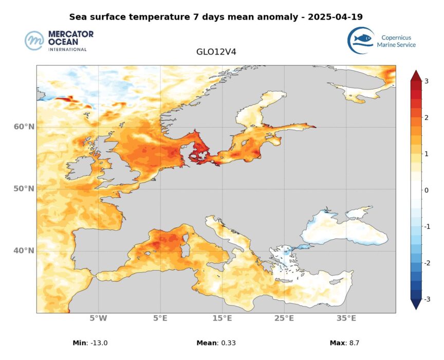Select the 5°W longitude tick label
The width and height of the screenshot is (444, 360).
coord(98,318)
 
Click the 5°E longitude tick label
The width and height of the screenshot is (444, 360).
coord(160,318)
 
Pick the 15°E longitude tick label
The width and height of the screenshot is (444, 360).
coord(223,318)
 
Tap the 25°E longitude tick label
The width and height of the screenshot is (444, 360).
coord(284,318)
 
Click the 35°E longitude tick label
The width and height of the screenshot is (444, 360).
coord(346,318)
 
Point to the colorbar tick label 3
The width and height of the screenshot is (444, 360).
coord(427,81)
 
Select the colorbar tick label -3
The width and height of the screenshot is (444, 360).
coord(425,299)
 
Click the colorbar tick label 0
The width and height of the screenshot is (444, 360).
coord(427,190)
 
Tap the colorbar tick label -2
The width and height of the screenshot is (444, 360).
coord(425,263)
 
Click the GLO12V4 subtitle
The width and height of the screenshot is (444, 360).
coord(216,52)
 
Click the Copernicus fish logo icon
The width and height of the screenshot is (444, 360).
coord(360,40)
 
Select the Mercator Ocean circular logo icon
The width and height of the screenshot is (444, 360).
coord(35,41)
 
